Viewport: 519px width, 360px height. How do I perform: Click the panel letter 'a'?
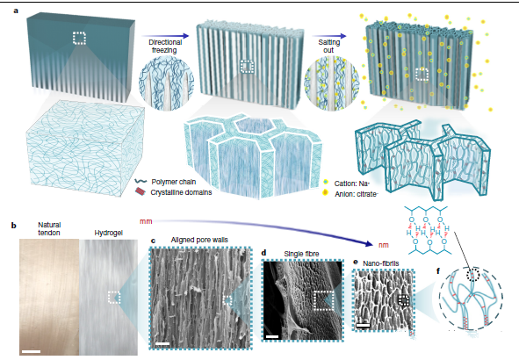16,11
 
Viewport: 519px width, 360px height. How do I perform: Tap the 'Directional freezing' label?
165,47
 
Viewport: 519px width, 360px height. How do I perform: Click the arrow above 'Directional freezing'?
165,36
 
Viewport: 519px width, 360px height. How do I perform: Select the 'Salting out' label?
328,47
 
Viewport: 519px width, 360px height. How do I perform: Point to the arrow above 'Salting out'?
329,36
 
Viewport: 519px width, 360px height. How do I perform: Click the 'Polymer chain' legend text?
174,182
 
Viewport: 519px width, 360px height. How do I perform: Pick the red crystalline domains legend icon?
140,192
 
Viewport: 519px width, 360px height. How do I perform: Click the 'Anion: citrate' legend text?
356,194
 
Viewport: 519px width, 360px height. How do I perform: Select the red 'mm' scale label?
146,221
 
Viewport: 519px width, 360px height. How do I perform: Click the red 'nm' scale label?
383,245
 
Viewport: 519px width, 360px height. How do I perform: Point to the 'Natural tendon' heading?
49,228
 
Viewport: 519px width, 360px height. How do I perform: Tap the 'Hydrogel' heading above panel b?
108,233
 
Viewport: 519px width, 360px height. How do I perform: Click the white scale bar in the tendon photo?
32,351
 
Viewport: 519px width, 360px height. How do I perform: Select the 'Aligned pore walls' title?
199,240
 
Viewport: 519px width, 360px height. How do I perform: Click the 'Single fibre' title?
301,254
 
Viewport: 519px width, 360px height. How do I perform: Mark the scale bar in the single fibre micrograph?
271,337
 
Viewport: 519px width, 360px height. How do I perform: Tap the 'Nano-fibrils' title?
380,263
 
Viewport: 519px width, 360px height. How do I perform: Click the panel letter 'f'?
438,271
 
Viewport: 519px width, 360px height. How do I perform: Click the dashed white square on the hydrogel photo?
114,297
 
